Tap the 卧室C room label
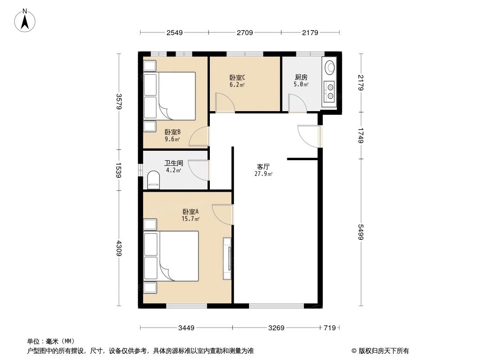[x=237, y=77]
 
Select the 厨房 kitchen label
[x=301, y=77]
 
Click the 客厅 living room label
[x=263, y=166]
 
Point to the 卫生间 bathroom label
[x=173, y=163]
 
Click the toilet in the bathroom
[x=154, y=180]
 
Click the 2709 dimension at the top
[x=245, y=32]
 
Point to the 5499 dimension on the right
[x=360, y=232]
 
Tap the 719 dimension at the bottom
[x=330, y=328]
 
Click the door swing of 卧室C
[x=224, y=103]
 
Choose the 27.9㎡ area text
[x=263, y=174]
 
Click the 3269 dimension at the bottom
[x=276, y=328]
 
